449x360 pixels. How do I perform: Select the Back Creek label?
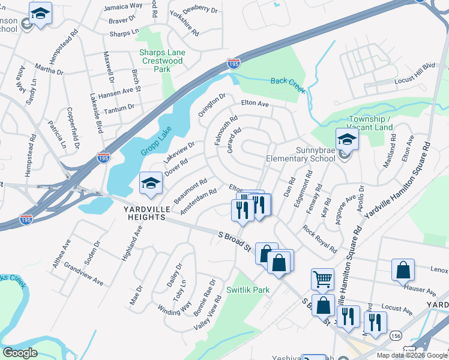288,85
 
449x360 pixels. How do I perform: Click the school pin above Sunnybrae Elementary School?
347,141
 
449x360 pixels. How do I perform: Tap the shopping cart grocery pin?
322,279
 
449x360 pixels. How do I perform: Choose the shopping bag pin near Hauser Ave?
403,271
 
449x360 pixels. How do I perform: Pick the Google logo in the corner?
20,353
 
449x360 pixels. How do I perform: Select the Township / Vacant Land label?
370,124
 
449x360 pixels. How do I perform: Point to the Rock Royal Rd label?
319,238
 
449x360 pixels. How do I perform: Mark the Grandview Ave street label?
83,274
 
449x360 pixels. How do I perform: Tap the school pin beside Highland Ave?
150,183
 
